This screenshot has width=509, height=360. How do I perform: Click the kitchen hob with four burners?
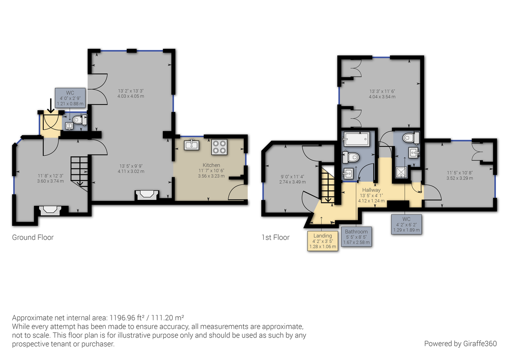(219, 147)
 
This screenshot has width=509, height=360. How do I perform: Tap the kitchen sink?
(192, 145)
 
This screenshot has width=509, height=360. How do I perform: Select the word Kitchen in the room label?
(211, 165)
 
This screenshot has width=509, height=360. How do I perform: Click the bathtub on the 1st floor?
(357, 139)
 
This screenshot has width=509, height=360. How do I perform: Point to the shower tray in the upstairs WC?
(401, 172)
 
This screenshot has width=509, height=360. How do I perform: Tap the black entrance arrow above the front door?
(50, 106)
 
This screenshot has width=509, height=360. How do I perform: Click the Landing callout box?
(323, 241)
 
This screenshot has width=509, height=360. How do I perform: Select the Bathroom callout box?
(356, 237)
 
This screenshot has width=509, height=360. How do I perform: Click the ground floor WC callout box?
(70, 98)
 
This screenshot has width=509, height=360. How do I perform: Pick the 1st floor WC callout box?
(406, 225)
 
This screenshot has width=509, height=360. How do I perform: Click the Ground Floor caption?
(33, 237)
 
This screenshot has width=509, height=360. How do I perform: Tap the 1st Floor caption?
(275, 237)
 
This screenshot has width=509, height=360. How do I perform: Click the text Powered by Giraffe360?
(460, 343)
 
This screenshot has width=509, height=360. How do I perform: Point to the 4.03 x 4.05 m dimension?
(131, 96)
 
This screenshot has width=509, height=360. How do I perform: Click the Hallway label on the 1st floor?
(371, 190)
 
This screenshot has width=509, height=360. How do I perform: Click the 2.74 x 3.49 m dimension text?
(292, 182)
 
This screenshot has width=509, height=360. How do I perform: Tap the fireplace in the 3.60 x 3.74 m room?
(50, 211)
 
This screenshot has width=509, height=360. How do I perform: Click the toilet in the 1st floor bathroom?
(351, 157)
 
